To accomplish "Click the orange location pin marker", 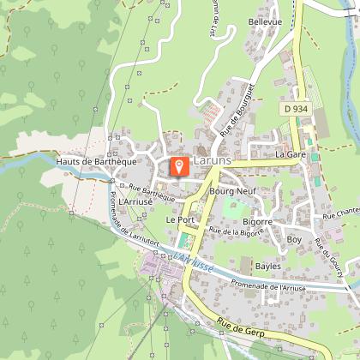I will [x=179, y=166].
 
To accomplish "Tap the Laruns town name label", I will [x=210, y=161].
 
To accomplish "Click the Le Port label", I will [x=180, y=220].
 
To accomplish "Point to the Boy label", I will [x=294, y=240].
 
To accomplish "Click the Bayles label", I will [x=267, y=267].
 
